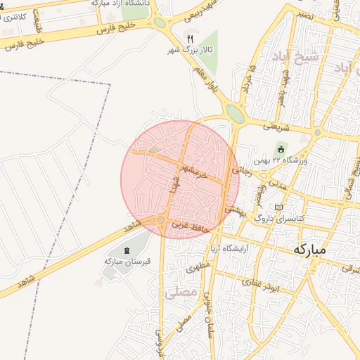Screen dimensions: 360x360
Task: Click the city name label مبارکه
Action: pos(309,250)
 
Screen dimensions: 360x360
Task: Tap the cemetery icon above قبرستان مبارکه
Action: pos(127,251)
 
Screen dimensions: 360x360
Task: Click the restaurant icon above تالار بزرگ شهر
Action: pos(189,37)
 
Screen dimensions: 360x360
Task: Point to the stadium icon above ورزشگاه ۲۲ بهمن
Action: pos(281,149)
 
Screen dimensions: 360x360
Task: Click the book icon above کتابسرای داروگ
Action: pos(279,207)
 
